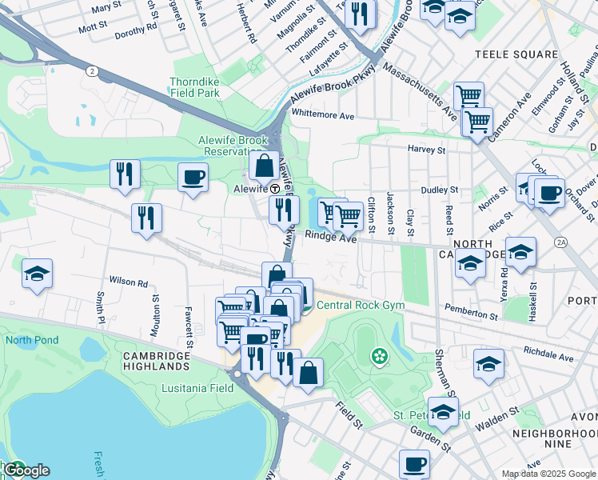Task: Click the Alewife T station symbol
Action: click(274, 189)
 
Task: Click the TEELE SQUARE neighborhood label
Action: click(527, 54)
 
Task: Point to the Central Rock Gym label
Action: click(361, 305)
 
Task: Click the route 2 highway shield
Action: click(93, 71)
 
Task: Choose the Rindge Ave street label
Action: click(330, 238)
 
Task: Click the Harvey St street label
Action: click(426, 150)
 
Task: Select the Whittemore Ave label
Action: click(322, 115)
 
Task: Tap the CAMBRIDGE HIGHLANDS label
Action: click(157, 360)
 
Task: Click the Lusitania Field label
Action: click(201, 388)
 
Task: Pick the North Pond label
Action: click(31, 340)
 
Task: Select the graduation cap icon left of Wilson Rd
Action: click(37, 274)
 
